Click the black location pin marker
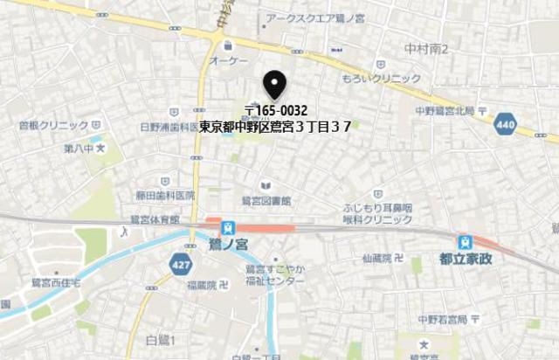click(x=275, y=85)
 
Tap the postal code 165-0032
click(x=275, y=111)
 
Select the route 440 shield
click(x=504, y=125)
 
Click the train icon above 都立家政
click(x=465, y=242)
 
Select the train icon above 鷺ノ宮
click(x=229, y=226)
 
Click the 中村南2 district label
click(x=426, y=49)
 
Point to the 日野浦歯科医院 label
click(x=172, y=127)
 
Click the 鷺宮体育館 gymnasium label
click(x=154, y=218)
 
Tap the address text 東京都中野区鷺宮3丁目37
click(x=275, y=127)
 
